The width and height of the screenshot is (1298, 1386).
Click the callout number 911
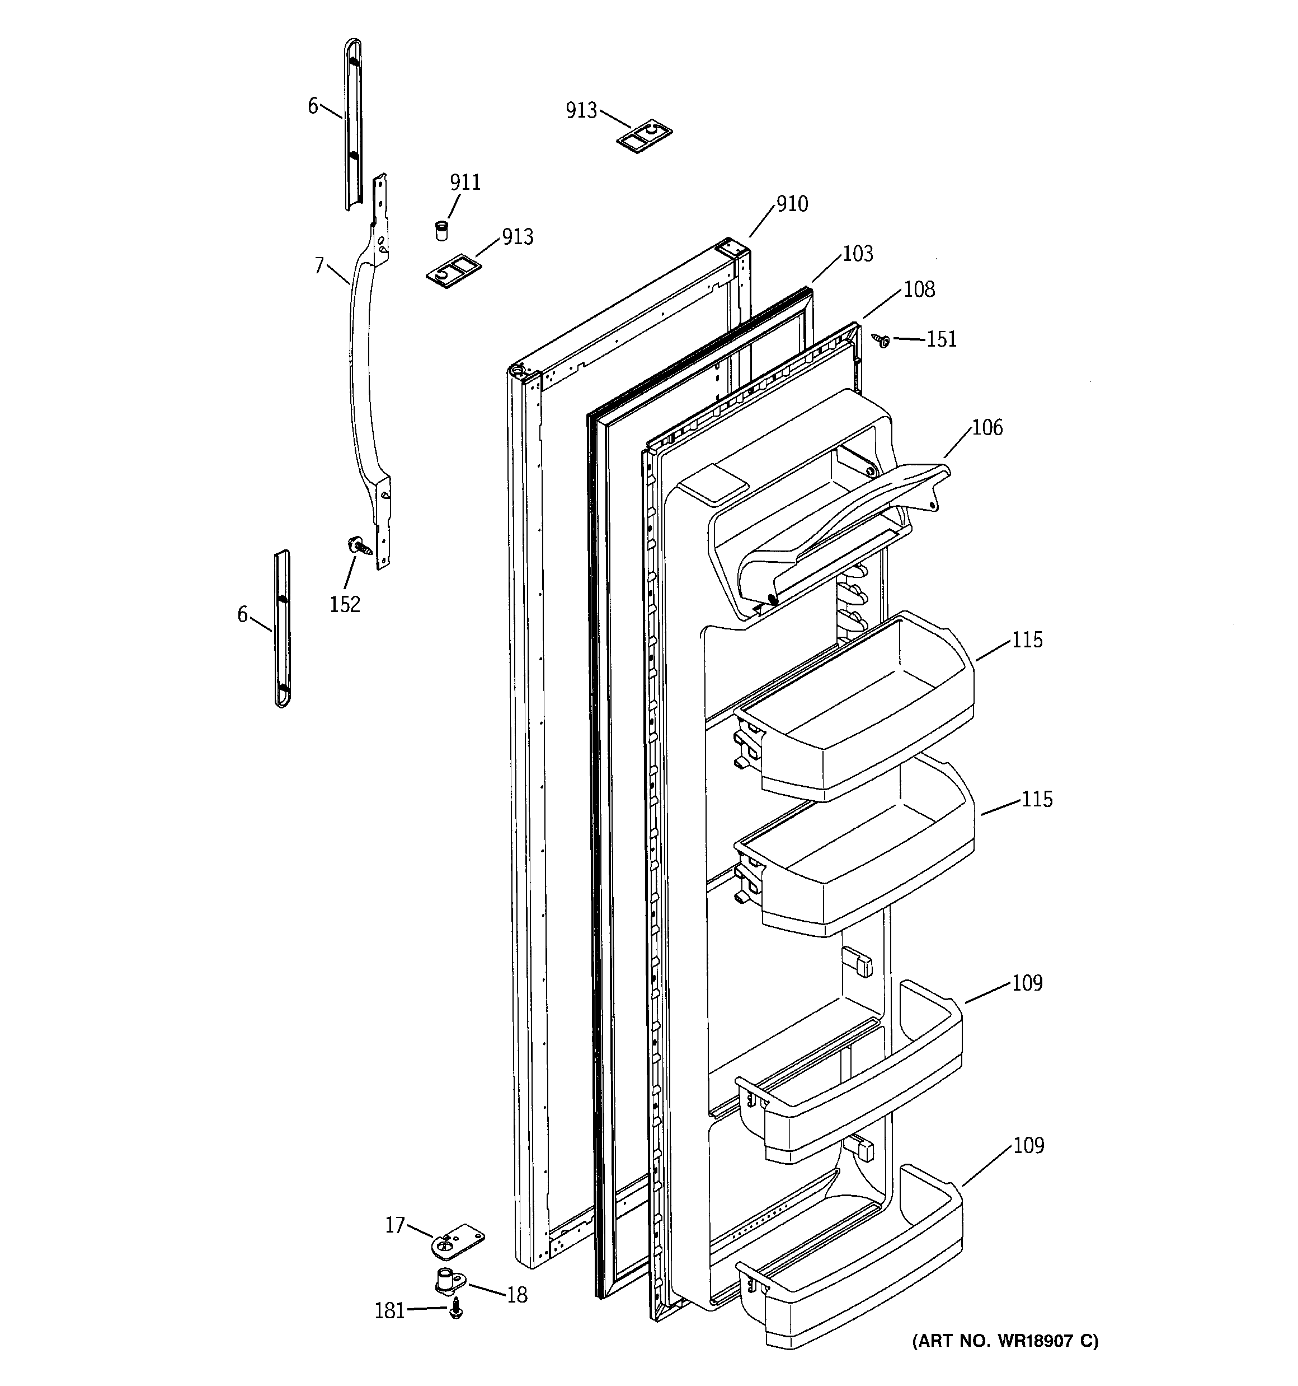pyautogui.click(x=465, y=183)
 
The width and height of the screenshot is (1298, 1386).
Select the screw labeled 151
pyautogui.click(x=883, y=341)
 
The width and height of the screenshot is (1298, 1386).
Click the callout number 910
pyautogui.click(x=792, y=204)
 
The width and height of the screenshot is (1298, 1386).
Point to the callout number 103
pyautogui.click(x=857, y=254)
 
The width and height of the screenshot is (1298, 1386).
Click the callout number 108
pyautogui.click(x=919, y=290)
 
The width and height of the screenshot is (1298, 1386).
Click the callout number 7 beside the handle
pyautogui.click(x=319, y=265)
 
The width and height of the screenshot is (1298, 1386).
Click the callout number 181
pyautogui.click(x=389, y=1312)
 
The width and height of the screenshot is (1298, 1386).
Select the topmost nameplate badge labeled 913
pyautogui.click(x=645, y=134)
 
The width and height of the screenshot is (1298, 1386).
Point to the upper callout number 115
pyautogui.click(x=1027, y=640)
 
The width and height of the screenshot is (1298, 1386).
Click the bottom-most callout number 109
pyautogui.click(x=1028, y=1145)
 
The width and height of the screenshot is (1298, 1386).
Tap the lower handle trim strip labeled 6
pyautogui.click(x=282, y=628)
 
